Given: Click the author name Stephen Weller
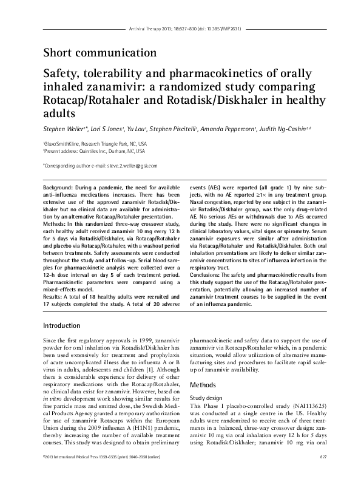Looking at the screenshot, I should pos(64,129).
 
